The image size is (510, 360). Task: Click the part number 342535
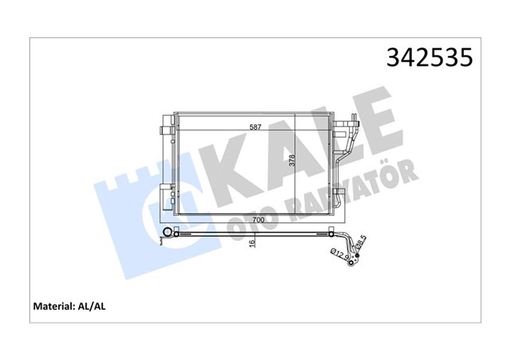(x=428, y=59)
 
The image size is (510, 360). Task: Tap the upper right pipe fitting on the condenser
(x=347, y=124)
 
